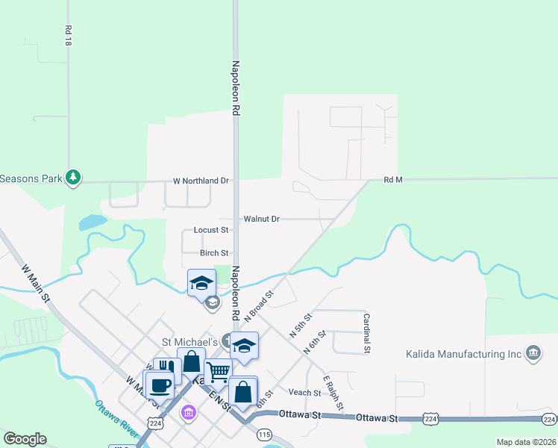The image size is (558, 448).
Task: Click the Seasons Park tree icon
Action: [x=72, y=178]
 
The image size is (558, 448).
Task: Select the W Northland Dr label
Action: [x=201, y=181]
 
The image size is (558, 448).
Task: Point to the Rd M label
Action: [x=393, y=180]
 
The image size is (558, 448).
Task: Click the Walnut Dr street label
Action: [x=261, y=219]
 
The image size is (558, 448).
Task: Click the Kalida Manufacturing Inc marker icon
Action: [x=533, y=352]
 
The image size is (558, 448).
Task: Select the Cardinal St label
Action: [x=367, y=332]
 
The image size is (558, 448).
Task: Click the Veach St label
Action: [x=304, y=393]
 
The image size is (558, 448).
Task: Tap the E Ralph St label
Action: [x=333, y=393]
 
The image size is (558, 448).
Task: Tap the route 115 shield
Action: [x=264, y=433]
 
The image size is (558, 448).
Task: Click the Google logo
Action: [x=25, y=439]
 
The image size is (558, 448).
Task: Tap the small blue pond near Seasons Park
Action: [x=93, y=222]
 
